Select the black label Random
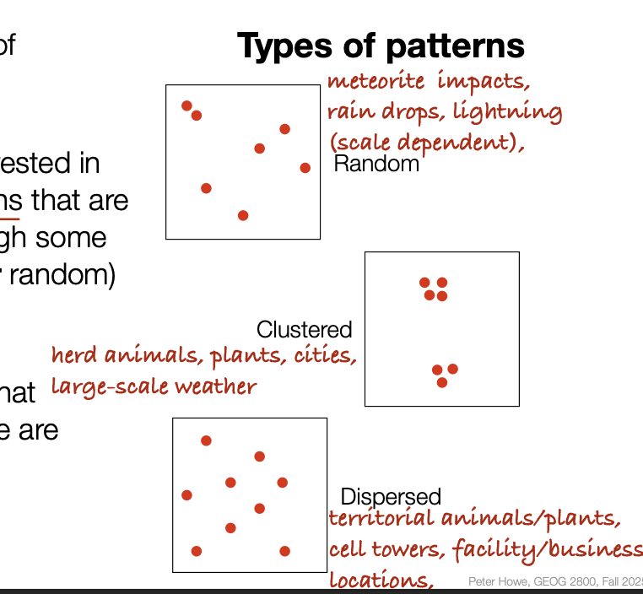tap(376, 164)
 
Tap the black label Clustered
tap(304, 329)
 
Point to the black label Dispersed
tap(391, 497)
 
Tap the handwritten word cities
tap(324, 355)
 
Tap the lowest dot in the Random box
tap(243, 215)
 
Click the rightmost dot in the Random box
tap(305, 168)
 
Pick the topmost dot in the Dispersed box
tap(206, 440)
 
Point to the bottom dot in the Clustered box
tap(442, 383)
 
